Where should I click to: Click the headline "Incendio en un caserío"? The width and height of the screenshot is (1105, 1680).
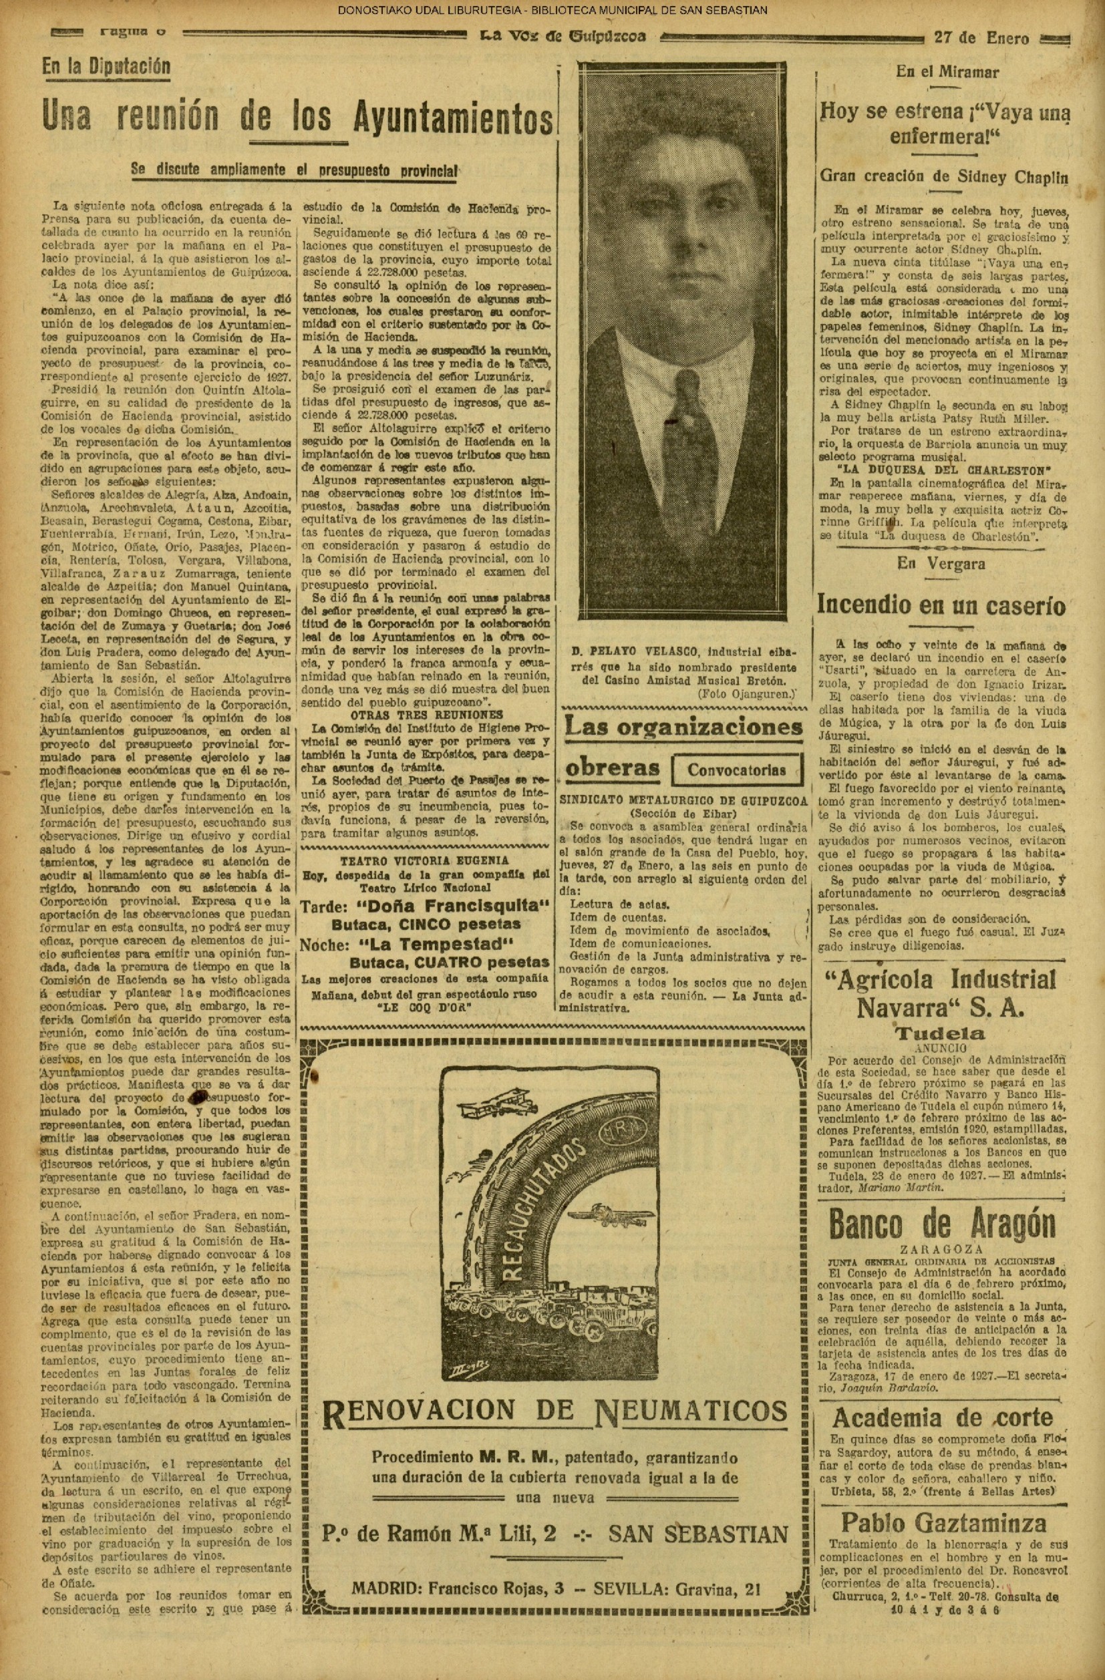click(941, 605)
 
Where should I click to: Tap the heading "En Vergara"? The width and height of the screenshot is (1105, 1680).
click(941, 563)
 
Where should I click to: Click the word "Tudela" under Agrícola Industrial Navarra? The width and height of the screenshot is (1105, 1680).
click(941, 1033)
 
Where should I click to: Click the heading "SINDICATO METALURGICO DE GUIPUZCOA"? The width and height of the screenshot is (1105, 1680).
click(683, 800)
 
